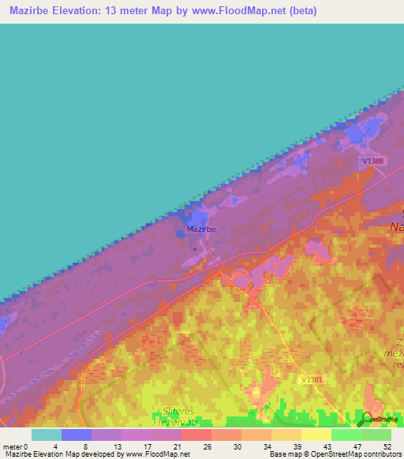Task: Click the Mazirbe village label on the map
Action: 201,229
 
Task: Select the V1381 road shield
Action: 312,379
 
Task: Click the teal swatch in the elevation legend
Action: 47,435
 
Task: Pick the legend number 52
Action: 387,446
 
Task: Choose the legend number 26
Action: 206,446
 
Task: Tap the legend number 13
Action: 116,446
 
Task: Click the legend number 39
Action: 297,446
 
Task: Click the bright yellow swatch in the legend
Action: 316,435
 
